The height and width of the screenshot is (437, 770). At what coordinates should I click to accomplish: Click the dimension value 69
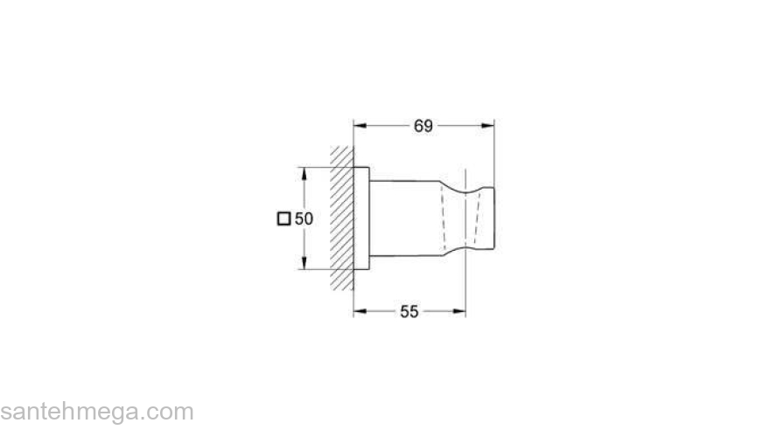[x=423, y=126]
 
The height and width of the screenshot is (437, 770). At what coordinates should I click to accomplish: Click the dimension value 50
[x=304, y=218]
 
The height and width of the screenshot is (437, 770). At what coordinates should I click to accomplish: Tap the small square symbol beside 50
[x=283, y=218]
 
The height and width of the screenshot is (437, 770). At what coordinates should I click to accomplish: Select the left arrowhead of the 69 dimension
[x=359, y=126]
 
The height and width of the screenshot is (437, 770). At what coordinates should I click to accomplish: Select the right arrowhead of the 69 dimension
[x=490, y=126]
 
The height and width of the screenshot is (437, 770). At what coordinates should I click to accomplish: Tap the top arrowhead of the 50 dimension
[x=304, y=171]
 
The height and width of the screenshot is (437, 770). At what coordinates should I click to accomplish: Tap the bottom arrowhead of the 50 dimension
[x=304, y=265]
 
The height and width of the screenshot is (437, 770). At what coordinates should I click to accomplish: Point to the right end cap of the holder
[x=491, y=218]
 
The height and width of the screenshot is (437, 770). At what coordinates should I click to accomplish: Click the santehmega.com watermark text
[x=96, y=411]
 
